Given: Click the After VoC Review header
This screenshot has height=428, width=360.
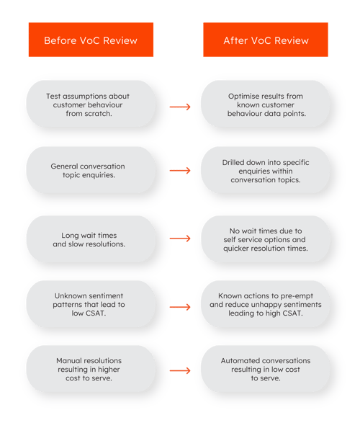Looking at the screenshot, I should tap(266, 40).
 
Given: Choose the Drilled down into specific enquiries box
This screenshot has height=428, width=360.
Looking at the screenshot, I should tap(266, 171).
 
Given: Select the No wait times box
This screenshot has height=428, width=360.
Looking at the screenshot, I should tap(266, 237).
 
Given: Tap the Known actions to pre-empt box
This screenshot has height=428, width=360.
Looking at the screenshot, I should tap(266, 304).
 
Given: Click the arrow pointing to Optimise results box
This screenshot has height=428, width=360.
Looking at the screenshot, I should tap(179, 107).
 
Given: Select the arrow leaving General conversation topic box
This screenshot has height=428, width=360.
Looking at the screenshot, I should tap(179, 171).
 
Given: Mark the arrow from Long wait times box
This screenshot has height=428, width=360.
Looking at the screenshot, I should tap(179, 237).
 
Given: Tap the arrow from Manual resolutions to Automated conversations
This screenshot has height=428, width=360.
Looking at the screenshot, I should tap(179, 371).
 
